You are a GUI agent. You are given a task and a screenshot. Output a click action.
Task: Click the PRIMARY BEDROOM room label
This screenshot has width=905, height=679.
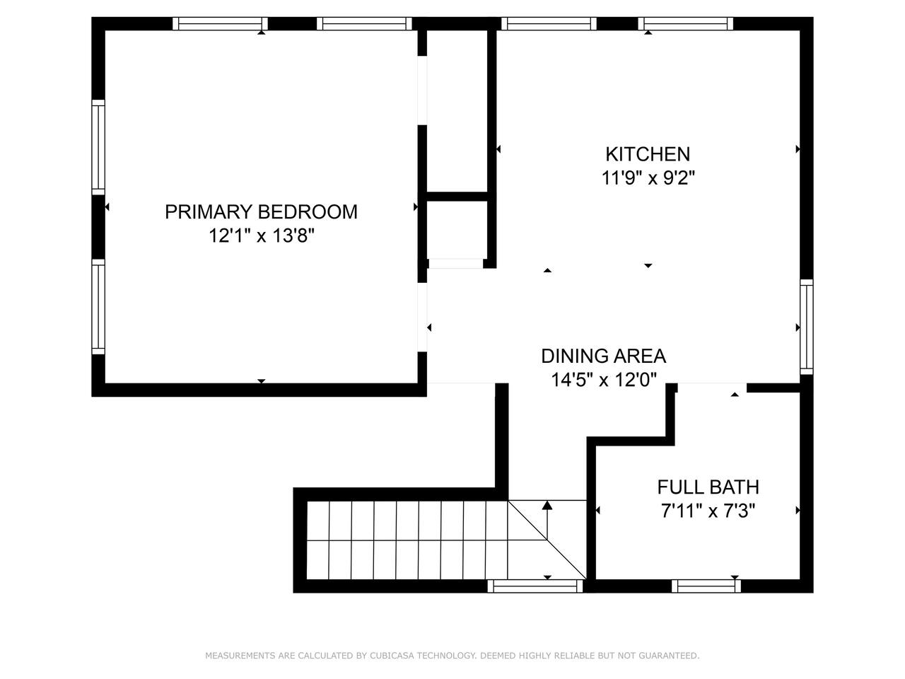[x=261, y=212]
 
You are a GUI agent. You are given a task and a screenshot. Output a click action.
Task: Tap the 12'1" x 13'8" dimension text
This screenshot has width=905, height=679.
[x=262, y=236]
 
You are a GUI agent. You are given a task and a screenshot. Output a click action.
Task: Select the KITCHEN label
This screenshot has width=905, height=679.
[x=648, y=154]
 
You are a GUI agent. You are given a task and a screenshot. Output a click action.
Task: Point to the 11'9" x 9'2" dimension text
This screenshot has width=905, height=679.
[x=648, y=178]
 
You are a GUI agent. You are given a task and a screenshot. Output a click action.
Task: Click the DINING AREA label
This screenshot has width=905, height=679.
[x=604, y=356]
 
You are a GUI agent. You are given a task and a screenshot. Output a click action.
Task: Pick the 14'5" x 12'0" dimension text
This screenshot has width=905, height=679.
[x=604, y=380]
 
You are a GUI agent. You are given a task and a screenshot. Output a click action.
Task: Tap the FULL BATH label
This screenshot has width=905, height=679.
[x=708, y=487]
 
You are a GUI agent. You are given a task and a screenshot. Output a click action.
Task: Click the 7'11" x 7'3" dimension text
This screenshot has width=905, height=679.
[x=708, y=511]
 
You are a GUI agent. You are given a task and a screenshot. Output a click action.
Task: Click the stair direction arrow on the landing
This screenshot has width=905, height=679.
[x=547, y=520]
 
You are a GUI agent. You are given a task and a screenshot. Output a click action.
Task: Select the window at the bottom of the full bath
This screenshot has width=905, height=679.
[x=706, y=586]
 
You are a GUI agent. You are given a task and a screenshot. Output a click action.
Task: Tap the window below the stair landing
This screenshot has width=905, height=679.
[x=535, y=586]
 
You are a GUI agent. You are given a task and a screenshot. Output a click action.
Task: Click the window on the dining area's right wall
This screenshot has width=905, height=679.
[x=807, y=327]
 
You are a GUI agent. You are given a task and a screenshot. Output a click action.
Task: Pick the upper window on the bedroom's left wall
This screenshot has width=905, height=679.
[x=98, y=147]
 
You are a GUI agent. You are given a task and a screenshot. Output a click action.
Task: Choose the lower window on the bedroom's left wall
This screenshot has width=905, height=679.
[x=98, y=307]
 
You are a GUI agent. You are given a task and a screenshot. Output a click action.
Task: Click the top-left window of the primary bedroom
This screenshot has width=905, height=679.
[x=220, y=23]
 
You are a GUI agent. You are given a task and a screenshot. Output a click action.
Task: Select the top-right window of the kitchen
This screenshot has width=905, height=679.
[x=686, y=23]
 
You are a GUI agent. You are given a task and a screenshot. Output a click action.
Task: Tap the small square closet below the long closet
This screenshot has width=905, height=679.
[x=457, y=230]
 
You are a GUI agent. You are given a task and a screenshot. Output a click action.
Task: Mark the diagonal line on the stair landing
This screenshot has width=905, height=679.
[x=547, y=540]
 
